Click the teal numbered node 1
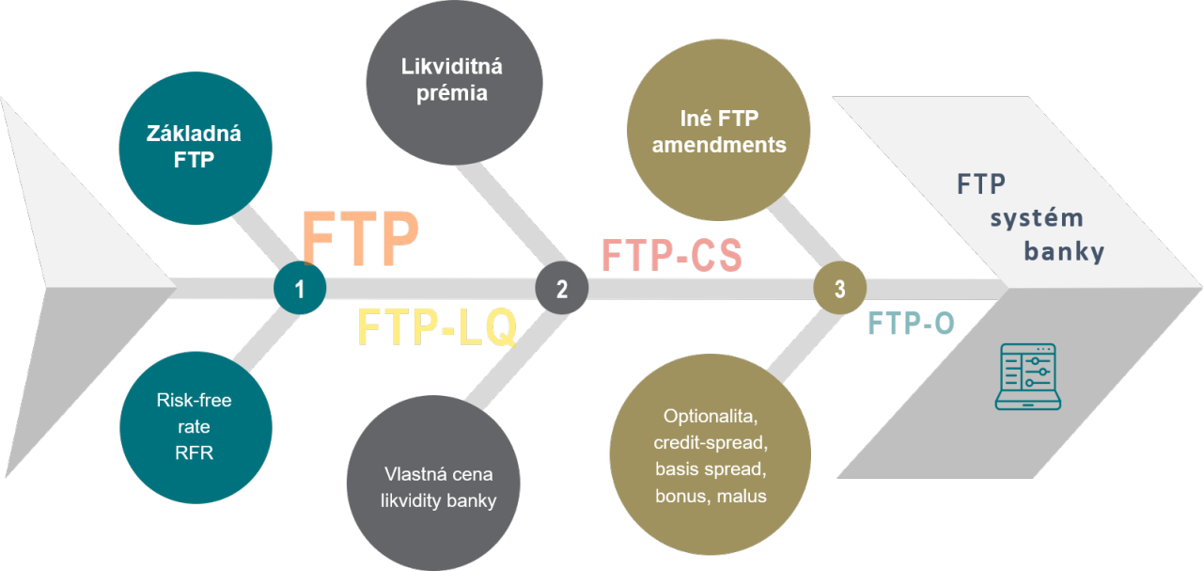click(x=300, y=288)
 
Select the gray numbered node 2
click(x=562, y=288)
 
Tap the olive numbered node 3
click(x=840, y=288)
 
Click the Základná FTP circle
click(x=195, y=148)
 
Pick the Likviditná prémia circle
click(x=454, y=82)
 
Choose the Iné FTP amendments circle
click(x=719, y=130)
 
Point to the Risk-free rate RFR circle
click(x=195, y=427)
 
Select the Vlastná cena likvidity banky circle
click(x=433, y=483)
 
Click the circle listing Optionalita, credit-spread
click(x=710, y=454)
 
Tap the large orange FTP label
click(x=360, y=238)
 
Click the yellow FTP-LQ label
click(x=437, y=327)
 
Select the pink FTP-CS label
click(x=672, y=255)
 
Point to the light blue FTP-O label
click(x=911, y=324)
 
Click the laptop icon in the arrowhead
click(x=1028, y=376)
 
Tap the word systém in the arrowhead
click(x=1037, y=218)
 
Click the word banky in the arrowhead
click(x=1064, y=251)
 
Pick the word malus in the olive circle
click(x=742, y=496)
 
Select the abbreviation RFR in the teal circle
click(x=194, y=452)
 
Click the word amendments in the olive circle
click(x=719, y=145)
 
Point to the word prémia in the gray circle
click(x=452, y=94)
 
